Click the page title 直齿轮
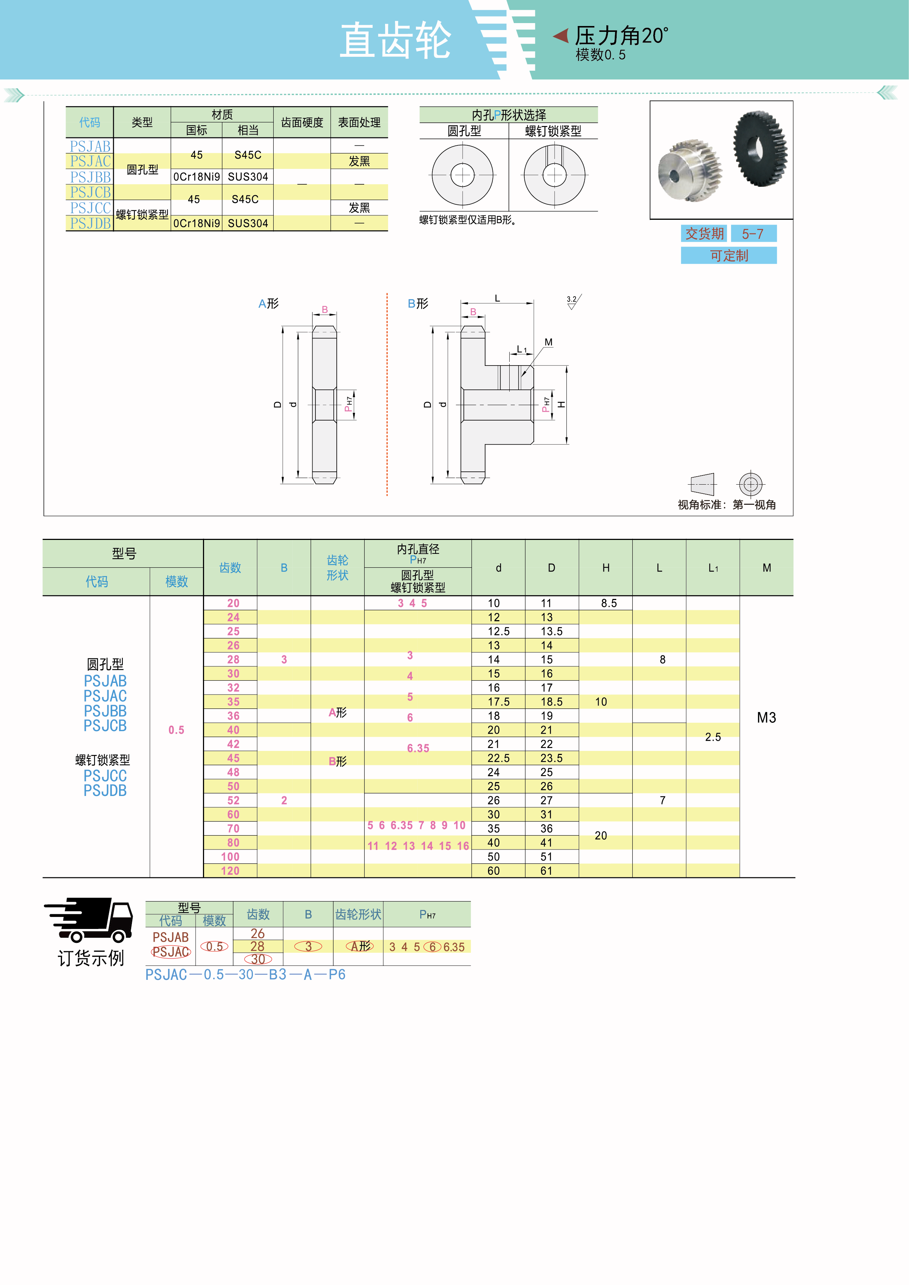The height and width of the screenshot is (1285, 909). click(x=395, y=40)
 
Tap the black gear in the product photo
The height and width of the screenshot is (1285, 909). click(x=760, y=148)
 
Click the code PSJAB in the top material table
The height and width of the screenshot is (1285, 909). click(x=90, y=146)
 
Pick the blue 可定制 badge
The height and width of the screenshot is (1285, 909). click(x=729, y=256)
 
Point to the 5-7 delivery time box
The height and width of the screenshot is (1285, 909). click(x=753, y=234)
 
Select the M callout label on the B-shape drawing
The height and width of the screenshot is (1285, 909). click(x=548, y=342)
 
